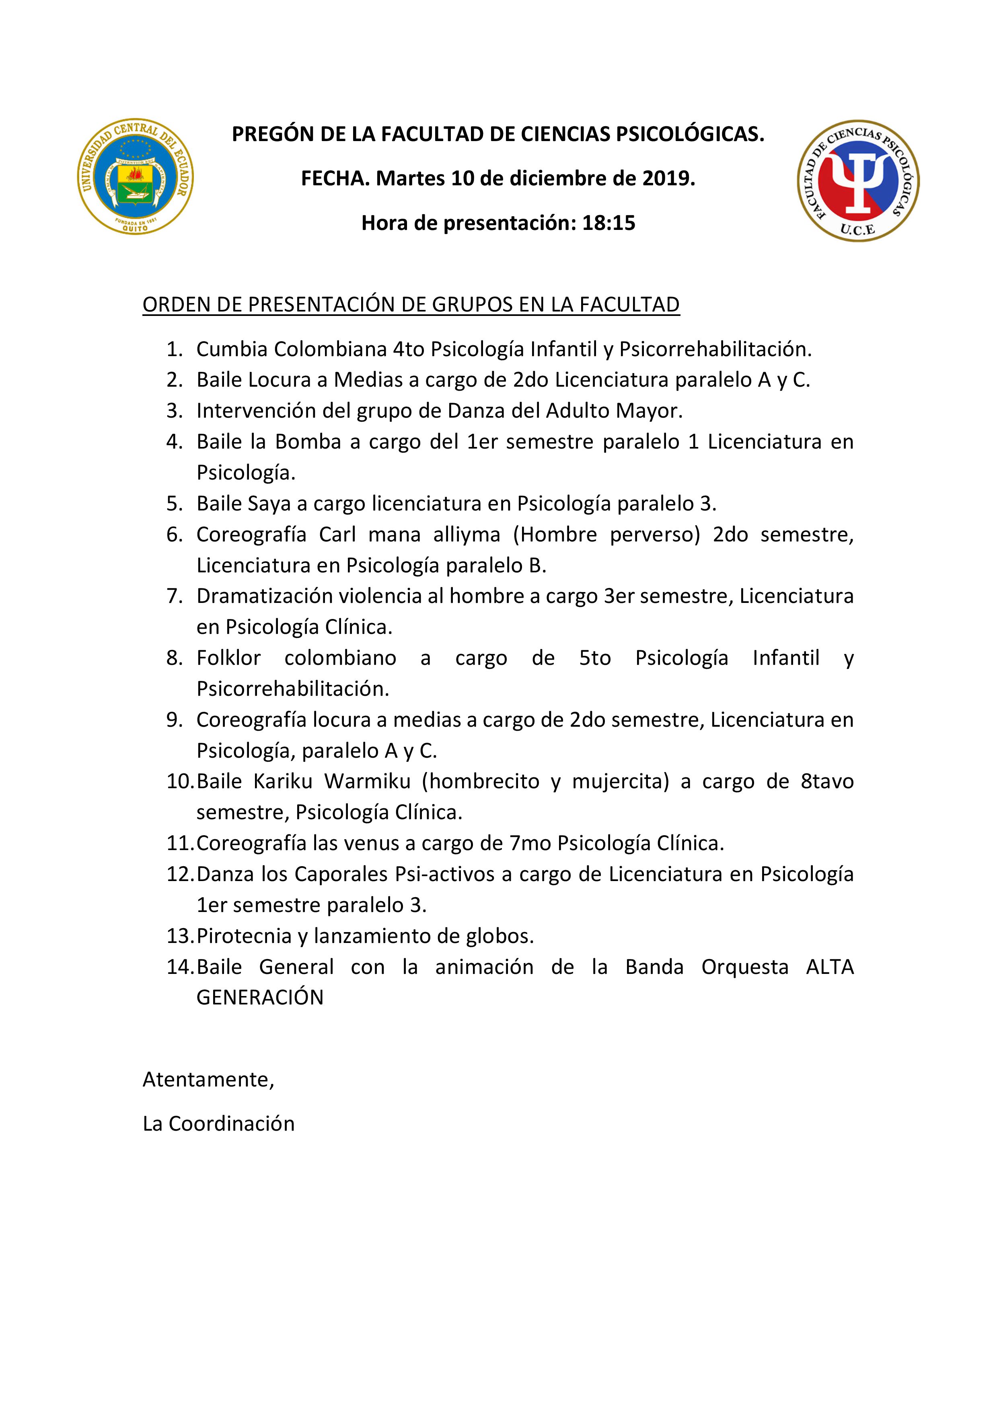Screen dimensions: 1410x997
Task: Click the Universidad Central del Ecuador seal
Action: click(135, 176)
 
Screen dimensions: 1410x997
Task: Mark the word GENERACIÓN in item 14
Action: click(260, 997)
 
